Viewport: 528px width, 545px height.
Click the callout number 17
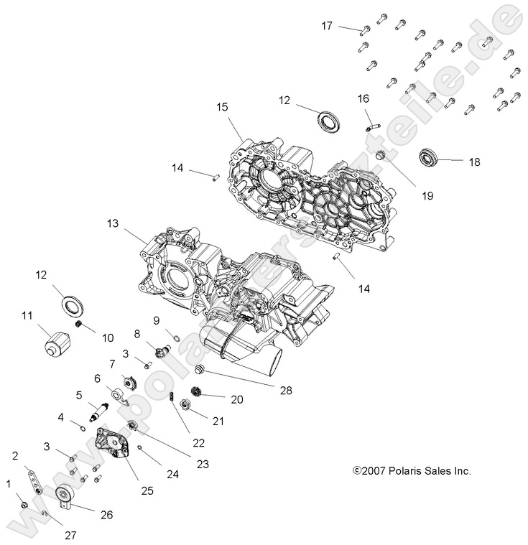(x=327, y=26)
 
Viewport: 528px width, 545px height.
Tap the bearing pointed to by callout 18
(x=429, y=157)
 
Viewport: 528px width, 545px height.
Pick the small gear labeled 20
(x=194, y=393)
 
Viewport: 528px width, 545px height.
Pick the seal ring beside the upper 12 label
(x=330, y=119)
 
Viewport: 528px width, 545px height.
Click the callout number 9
(x=156, y=320)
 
